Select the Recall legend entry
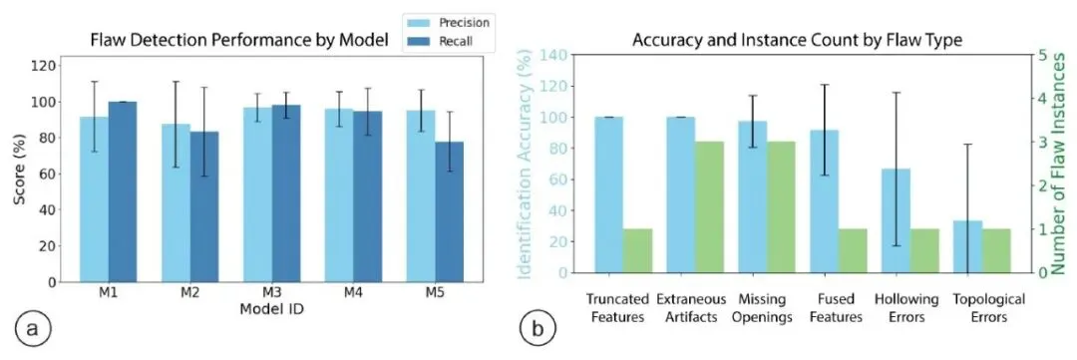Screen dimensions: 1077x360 (x=443, y=41)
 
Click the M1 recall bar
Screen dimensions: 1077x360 (x=122, y=191)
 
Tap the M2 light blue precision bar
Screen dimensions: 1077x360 (x=177, y=202)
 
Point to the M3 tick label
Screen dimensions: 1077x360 (x=272, y=293)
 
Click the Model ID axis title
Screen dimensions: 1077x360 (x=272, y=309)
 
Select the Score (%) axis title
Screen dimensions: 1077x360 (x=21, y=172)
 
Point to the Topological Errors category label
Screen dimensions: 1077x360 (x=988, y=308)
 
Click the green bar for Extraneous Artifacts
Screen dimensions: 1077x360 (x=710, y=206)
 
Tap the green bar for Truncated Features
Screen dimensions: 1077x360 (x=637, y=250)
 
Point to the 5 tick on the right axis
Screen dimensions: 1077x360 (x=1045, y=55)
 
